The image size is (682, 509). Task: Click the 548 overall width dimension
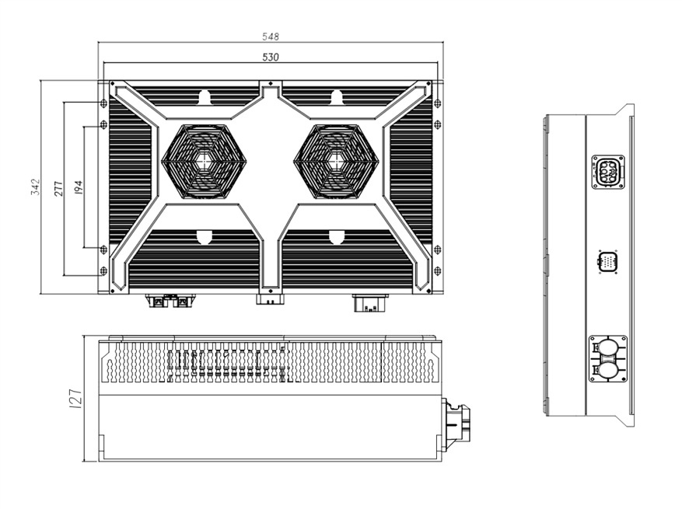coord(271,37)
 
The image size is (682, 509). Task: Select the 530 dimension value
coord(271,57)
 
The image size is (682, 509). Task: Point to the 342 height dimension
coord(35,187)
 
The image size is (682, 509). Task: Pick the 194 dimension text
coord(78,187)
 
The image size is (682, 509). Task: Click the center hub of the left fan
coord(204,161)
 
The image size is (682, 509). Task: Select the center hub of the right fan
coord(336,161)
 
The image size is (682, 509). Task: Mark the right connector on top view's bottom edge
coord(369,302)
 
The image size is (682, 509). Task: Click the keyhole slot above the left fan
coord(205,97)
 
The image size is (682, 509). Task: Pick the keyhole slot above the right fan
coord(337,97)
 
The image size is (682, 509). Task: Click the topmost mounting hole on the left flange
coord(103,103)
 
